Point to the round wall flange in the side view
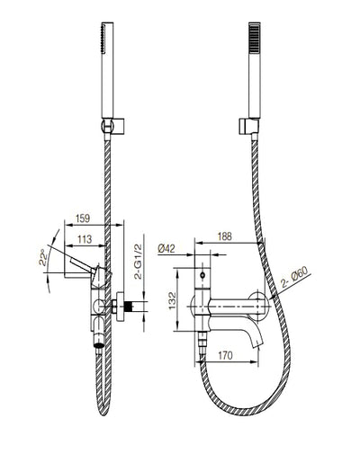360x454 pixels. coord(118,305)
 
